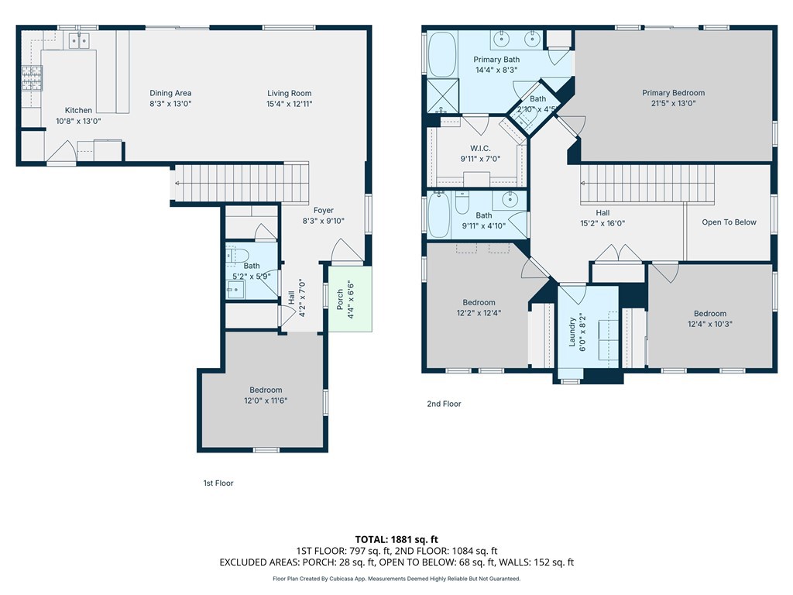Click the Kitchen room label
pos(78,111)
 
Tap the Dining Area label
pos(170,94)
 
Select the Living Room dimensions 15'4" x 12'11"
pos(289,104)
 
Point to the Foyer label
pos(323,211)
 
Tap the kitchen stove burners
pos(32,77)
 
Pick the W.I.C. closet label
pos(481,149)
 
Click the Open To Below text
pos(729,222)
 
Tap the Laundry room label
pos(573,332)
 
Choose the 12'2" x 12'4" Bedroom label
pos(479,303)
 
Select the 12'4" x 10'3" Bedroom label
pos(709,314)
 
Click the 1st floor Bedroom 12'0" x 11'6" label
pos(266,390)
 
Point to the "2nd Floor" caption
pos(444,404)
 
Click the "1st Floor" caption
pos(218,483)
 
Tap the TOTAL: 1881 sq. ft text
pos(396,539)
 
